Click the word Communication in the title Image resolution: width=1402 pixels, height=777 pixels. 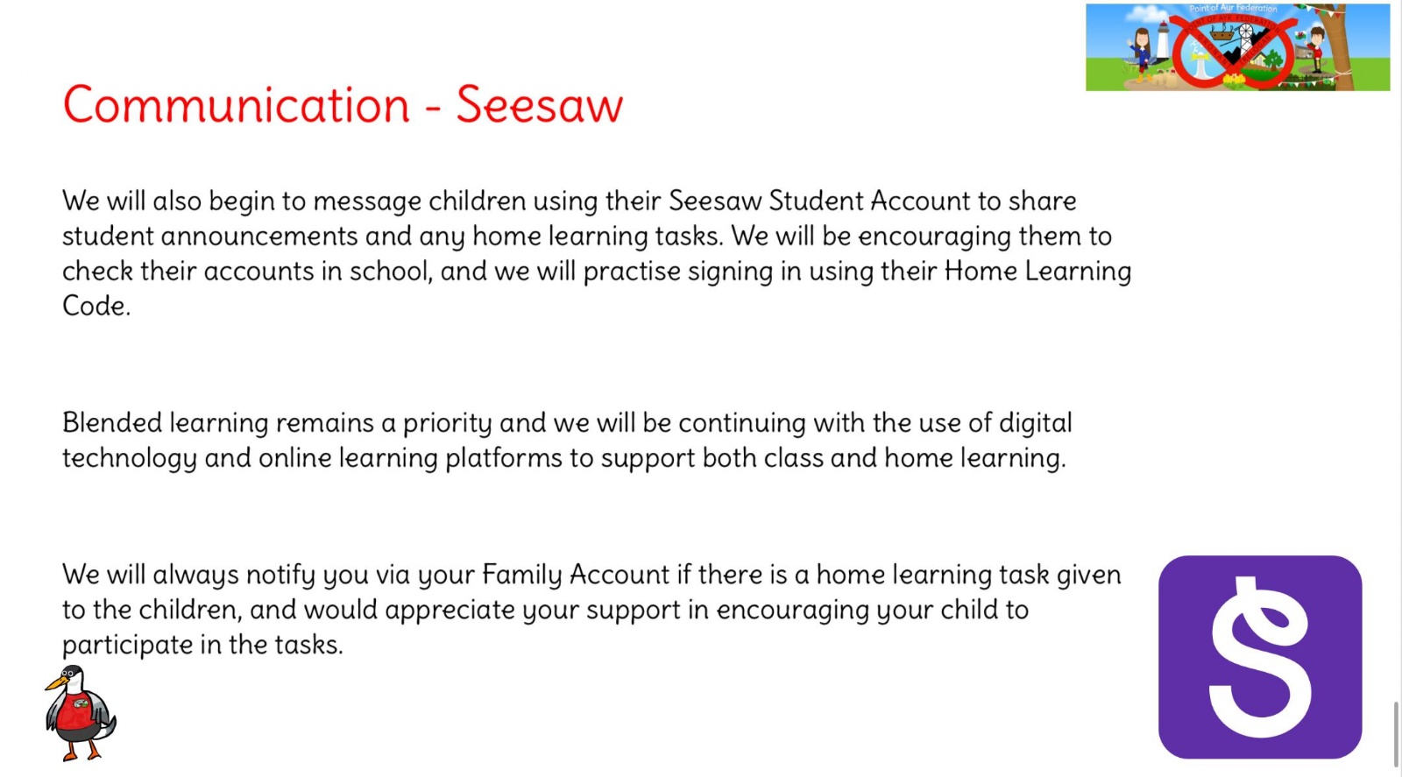tap(236, 104)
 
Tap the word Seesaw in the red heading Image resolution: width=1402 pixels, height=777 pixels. tap(540, 104)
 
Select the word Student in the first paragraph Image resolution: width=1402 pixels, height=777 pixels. tap(816, 201)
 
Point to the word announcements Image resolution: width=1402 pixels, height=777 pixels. tap(259, 237)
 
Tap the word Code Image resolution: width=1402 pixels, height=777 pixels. tap(96, 306)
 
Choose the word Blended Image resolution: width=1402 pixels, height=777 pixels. tap(113, 423)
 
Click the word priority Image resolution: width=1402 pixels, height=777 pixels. tap(447, 424)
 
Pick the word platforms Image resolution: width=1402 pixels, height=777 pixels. tap(503, 458)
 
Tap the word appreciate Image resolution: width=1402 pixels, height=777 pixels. tap(450, 611)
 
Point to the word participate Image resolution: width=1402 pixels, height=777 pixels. tap(128, 646)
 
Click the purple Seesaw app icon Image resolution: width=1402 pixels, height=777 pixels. tap(1260, 657)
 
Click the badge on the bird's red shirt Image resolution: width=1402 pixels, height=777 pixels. tap(81, 703)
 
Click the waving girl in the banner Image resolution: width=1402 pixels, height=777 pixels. tap(1140, 54)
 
